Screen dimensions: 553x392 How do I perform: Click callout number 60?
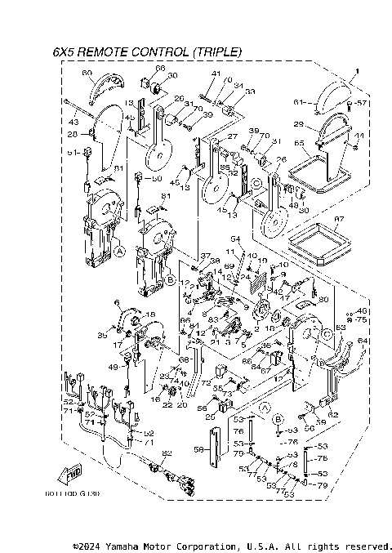click(87, 74)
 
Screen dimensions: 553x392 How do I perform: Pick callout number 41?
click(216, 74)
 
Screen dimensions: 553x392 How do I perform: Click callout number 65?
click(300, 142)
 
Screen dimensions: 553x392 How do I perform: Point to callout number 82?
click(167, 453)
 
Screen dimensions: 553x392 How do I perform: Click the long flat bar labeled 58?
click(216, 450)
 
